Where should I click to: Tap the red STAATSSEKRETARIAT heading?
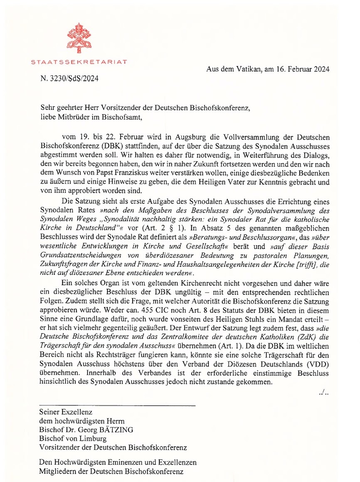point(79,62)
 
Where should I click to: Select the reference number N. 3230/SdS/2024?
point(70,78)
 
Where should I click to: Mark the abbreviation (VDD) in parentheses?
point(320,364)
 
